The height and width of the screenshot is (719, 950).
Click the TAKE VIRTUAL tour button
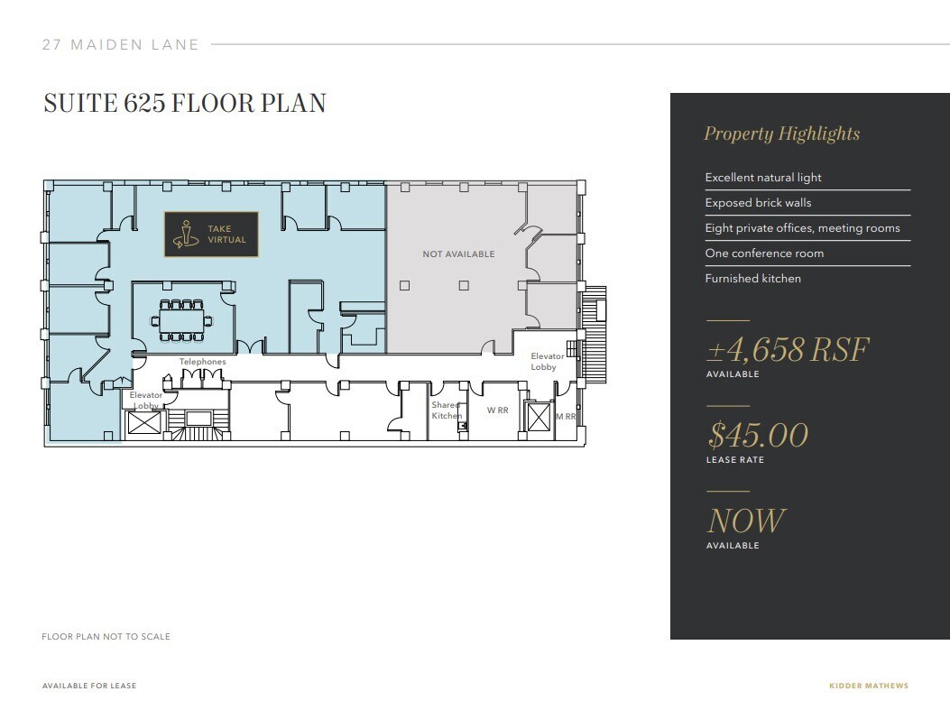coord(211,235)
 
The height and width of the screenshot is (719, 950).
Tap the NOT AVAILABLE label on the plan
coord(458,254)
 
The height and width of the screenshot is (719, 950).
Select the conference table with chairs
coord(182,320)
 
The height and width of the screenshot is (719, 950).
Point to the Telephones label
coord(202,362)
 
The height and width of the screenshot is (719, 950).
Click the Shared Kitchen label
coord(446,410)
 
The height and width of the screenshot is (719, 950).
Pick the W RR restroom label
coord(498,410)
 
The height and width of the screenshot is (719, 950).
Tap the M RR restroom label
coord(566,417)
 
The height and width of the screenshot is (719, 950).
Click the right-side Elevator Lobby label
coord(547,362)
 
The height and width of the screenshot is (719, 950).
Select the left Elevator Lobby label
coord(145,401)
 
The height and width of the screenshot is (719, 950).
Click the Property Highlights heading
coord(781,134)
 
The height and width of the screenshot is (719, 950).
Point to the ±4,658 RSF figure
coord(787,349)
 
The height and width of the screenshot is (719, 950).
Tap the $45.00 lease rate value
coord(757,435)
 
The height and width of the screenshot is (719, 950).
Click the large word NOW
coord(745,521)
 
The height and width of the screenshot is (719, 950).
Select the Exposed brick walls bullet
coord(758,203)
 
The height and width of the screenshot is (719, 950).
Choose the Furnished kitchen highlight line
coord(752,279)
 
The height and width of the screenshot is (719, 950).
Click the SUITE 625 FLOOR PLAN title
coord(185,103)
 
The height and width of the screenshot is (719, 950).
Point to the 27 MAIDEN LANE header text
coord(120,44)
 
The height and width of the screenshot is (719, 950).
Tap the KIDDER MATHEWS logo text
coord(868,686)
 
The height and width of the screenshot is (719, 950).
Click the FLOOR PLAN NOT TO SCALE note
coord(106,636)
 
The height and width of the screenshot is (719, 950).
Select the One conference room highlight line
coord(764,253)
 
